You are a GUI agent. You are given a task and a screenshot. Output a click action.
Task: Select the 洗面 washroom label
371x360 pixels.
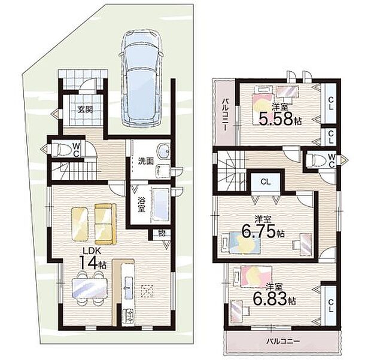pyautogui.click(x=146, y=161)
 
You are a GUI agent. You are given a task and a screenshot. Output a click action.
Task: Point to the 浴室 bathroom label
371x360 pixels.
pyautogui.click(x=141, y=205)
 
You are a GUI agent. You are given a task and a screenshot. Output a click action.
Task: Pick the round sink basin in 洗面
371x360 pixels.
pyautogui.click(x=163, y=151)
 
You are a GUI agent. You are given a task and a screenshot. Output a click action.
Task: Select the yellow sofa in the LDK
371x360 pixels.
pyautogui.click(x=105, y=224)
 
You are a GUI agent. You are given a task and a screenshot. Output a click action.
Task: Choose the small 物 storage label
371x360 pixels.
pyautogui.click(x=162, y=233)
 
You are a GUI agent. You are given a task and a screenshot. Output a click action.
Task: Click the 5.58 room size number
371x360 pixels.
pyautogui.click(x=276, y=119)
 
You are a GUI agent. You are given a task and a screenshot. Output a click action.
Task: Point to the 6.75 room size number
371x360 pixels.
pyautogui.click(x=259, y=231)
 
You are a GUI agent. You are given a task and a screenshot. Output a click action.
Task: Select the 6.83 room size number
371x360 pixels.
pyautogui.click(x=270, y=298)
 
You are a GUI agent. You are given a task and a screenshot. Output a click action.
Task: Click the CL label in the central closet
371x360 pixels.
pyautogui.click(x=266, y=182)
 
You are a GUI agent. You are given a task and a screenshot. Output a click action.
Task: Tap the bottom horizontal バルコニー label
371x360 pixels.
pyautogui.click(x=284, y=341)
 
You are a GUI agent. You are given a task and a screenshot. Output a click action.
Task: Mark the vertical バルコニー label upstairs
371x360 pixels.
pyautogui.click(x=225, y=115)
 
